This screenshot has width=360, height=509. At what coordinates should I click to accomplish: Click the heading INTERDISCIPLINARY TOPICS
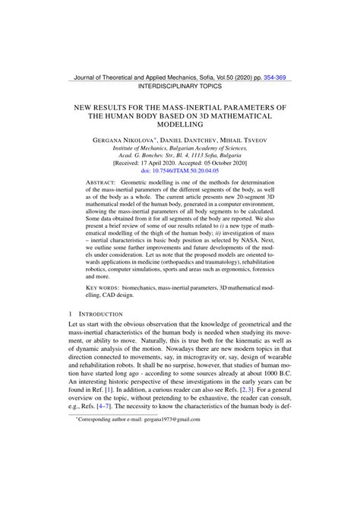tap(180, 88)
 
